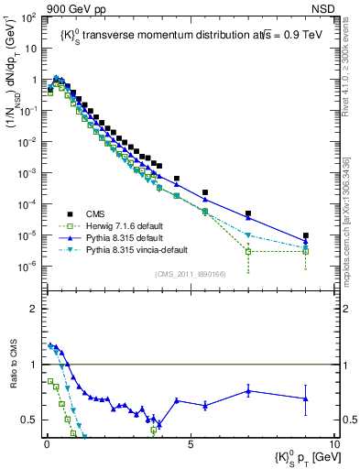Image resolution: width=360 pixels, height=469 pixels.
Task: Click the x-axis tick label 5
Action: point(191,444)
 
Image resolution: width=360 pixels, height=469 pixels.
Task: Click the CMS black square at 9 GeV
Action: point(306,235)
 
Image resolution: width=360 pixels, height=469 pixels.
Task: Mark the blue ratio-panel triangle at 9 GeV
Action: point(306,398)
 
